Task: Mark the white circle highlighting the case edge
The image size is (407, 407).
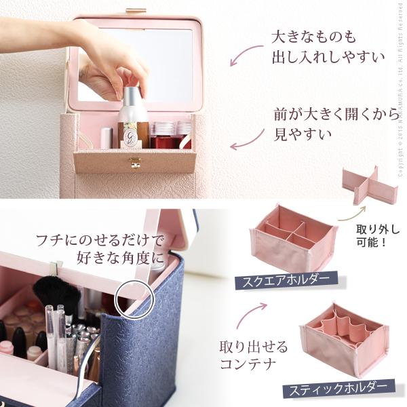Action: [133, 298]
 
